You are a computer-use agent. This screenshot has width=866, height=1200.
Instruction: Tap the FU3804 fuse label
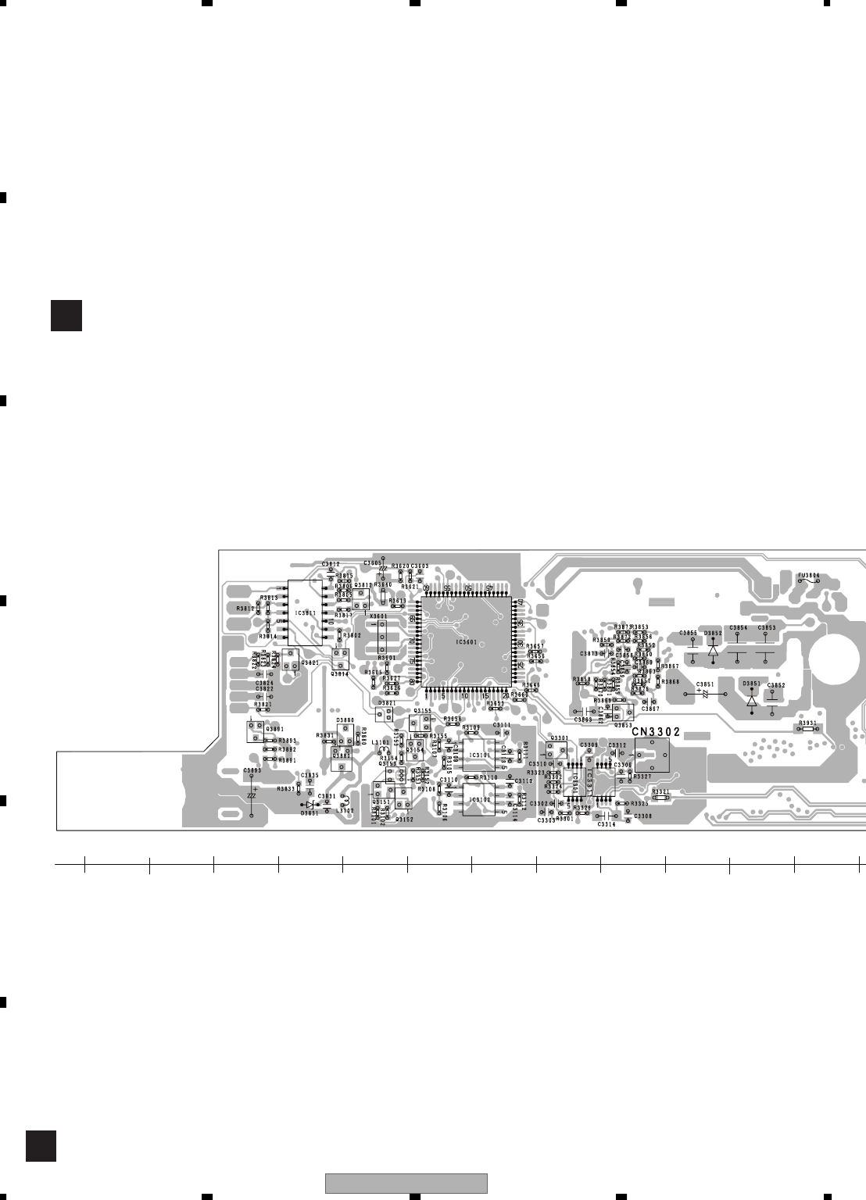[808, 576]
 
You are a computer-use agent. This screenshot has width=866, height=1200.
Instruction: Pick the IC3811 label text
[306, 613]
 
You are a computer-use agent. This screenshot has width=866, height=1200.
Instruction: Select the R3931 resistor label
[807, 723]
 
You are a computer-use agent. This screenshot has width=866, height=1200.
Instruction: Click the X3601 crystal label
[378, 616]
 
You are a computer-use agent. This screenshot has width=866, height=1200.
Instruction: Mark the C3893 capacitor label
[252, 770]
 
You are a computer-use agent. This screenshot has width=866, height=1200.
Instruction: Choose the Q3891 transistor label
[274, 729]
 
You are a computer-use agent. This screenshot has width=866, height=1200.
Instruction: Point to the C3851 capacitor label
[704, 684]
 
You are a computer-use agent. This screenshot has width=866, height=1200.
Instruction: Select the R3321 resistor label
[660, 791]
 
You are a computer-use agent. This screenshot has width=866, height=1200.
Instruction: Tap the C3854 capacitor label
[738, 627]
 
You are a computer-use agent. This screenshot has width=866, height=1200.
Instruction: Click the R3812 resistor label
[245, 608]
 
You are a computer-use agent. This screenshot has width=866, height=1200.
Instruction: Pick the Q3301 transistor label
[559, 737]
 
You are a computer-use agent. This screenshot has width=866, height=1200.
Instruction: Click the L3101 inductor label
[381, 742]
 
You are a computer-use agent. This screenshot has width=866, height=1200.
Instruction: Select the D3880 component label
[345, 720]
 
